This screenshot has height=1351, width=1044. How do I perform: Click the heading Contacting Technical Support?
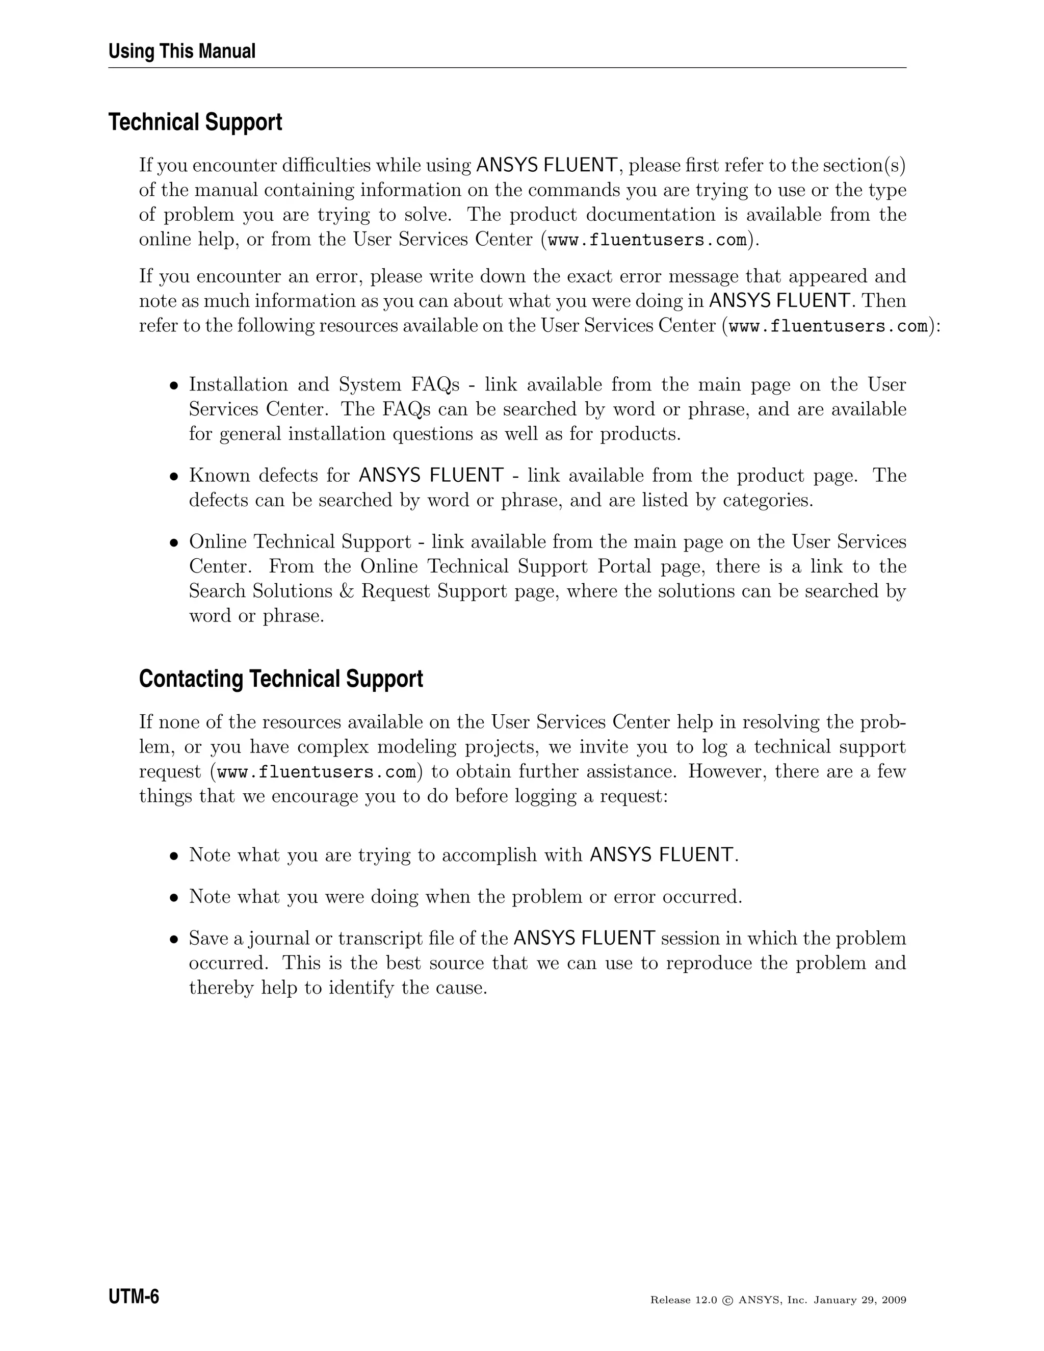point(281,679)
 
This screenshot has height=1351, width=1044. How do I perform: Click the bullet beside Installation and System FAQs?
point(174,385)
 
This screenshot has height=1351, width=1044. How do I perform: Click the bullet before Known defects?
point(174,476)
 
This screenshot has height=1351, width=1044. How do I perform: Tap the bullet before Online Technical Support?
point(174,542)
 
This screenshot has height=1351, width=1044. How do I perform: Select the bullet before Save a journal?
point(174,940)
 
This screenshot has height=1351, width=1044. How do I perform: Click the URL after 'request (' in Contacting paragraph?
point(317,772)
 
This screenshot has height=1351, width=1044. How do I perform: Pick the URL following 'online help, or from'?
point(647,240)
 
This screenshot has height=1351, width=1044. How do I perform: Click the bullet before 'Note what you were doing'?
point(174,898)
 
